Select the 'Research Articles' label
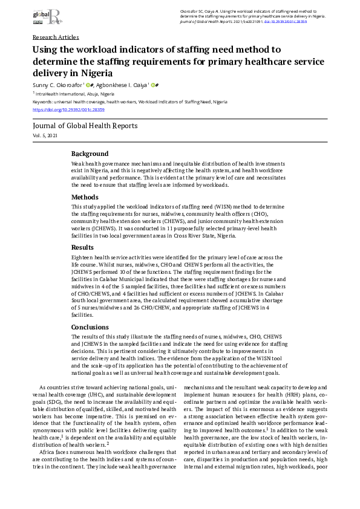click(56, 37)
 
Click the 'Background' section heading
click(90, 154)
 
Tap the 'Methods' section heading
click(85, 197)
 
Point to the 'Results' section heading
click(83, 247)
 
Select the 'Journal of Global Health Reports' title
click(85, 126)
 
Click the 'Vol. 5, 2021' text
click(46, 137)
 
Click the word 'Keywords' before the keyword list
click(42, 102)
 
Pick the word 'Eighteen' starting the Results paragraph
click(82, 257)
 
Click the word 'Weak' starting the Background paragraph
click(78, 164)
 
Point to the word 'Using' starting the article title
click(45, 50)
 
